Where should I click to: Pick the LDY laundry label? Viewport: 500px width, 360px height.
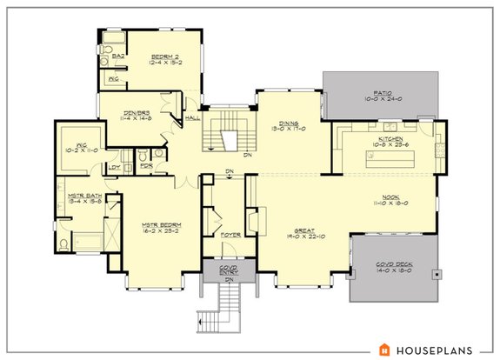pyautogui.click(x=114, y=167)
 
